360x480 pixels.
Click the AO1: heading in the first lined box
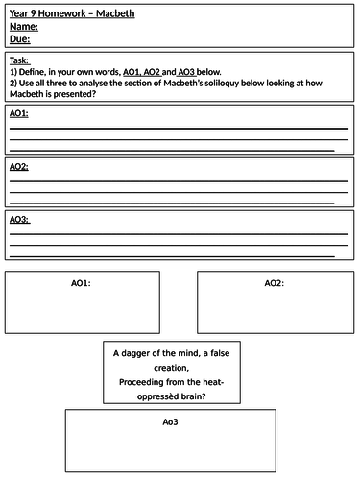pos(19,114)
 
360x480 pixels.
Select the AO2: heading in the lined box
pos(19,167)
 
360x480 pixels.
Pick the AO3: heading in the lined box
pos(19,220)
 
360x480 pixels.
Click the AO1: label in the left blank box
pos(82,283)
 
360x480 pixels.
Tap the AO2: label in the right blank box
pos(275,283)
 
